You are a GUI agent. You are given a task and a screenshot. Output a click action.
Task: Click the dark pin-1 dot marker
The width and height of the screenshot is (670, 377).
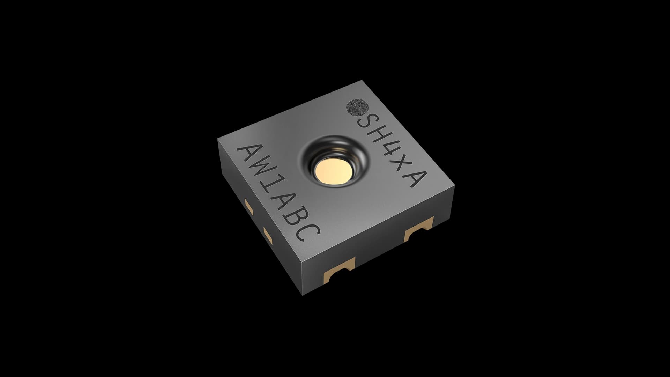click(x=357, y=107)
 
